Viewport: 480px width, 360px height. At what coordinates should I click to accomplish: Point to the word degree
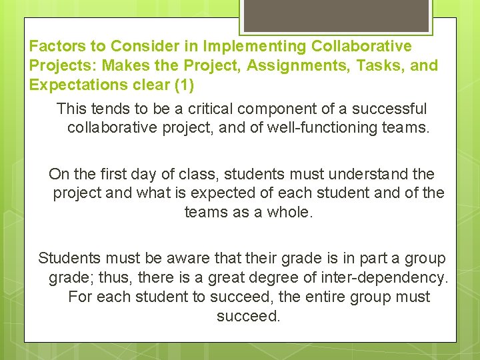click(x=253, y=277)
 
